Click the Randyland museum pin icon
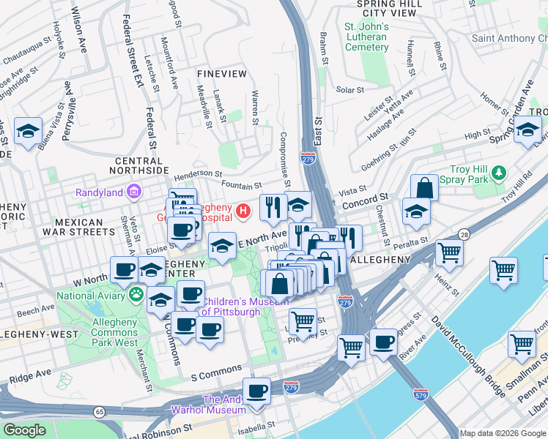coord(134,192)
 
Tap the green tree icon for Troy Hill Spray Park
coord(499,173)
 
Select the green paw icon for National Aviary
coord(136,296)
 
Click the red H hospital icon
coord(244,212)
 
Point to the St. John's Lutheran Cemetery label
coord(366,37)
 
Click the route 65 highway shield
coord(98,413)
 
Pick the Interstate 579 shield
coord(420,394)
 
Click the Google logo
coord(24,430)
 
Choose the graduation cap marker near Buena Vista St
coord(28,132)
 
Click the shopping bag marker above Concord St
coord(424,187)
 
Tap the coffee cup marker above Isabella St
coord(256,391)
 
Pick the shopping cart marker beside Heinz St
coord(449,253)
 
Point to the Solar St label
coord(349,90)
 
